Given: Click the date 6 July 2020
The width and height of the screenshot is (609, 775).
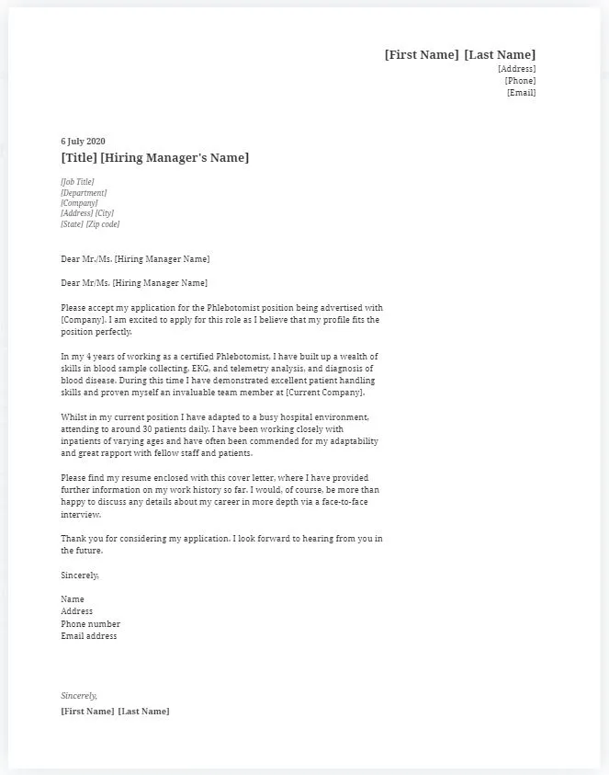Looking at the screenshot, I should click(83, 142).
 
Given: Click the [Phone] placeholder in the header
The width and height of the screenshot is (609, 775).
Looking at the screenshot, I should click(520, 81).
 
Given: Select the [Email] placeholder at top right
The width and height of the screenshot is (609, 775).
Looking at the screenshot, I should click(521, 93).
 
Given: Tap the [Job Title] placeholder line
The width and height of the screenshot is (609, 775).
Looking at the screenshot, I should click(77, 182).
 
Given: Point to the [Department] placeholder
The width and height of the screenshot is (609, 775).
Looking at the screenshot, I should click(84, 193).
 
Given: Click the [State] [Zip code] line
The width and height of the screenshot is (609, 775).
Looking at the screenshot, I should click(90, 224).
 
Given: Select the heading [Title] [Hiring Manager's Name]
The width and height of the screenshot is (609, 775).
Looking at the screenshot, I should click(154, 158).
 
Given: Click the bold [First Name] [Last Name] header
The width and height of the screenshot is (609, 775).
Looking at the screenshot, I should click(459, 55).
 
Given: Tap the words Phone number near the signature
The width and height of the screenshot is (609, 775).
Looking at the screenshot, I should click(90, 624).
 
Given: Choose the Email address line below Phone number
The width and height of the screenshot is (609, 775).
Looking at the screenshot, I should click(88, 636).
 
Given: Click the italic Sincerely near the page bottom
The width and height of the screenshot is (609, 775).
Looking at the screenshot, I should click(79, 696).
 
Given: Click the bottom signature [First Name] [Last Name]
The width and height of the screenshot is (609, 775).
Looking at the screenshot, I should click(115, 712).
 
